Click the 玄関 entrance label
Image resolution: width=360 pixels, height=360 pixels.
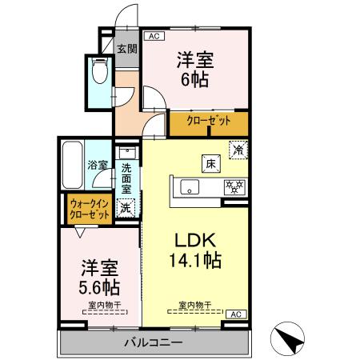coord(126,49)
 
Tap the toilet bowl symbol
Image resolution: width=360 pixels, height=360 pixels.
coord(100,73)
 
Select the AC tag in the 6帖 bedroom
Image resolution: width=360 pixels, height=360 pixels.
coord(152,36)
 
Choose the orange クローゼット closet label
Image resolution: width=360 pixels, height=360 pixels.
coord(209,122)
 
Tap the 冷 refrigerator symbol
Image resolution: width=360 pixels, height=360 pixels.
coord(238,149)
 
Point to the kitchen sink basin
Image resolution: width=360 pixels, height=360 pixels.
coord(190,189)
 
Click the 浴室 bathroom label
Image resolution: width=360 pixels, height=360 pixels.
coord(98,165)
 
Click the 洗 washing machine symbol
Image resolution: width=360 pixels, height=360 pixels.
coord(126,208)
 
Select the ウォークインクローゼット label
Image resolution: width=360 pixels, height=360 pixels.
coord(89,210)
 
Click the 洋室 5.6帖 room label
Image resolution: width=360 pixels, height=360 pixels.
coord(99,275)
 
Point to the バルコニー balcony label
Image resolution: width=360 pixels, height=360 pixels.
coord(153,343)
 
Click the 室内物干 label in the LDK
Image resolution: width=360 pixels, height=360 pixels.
coord(194,305)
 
